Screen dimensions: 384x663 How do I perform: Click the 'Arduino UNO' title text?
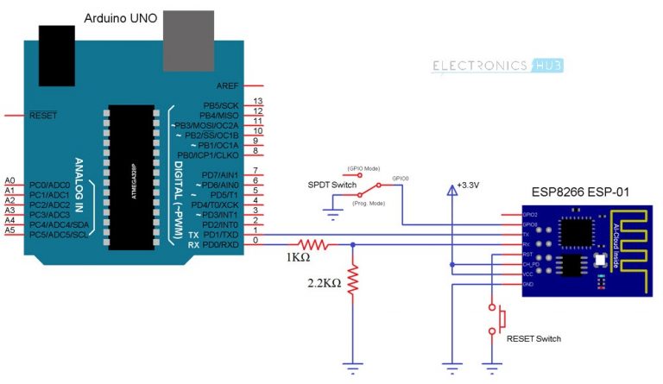(x=121, y=18)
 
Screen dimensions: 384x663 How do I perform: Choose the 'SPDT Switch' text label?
(x=331, y=185)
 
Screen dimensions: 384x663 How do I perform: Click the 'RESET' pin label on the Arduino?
(x=44, y=115)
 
